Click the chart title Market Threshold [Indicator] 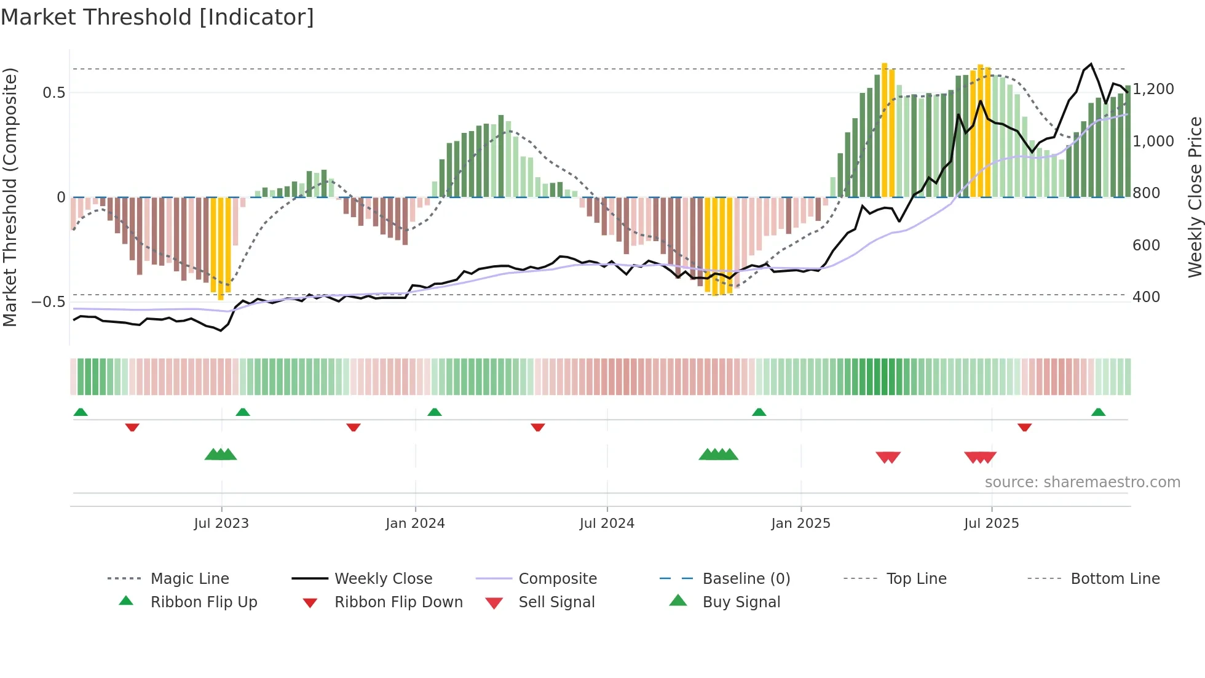coord(157,17)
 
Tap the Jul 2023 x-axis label coord(221,524)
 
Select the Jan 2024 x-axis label coord(415,524)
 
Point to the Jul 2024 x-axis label coord(607,524)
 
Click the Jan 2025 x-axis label coord(800,524)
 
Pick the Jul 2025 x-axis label coord(991,524)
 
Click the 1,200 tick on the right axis coord(1153,89)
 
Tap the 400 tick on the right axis coord(1146,297)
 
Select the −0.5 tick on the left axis coord(49,302)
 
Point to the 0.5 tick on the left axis coord(53,93)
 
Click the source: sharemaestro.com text coord(1082,482)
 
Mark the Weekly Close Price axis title coord(1195,197)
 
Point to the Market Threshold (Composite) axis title coord(10,197)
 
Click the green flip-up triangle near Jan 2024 coord(435,412)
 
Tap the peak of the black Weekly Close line coord(1091,64)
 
